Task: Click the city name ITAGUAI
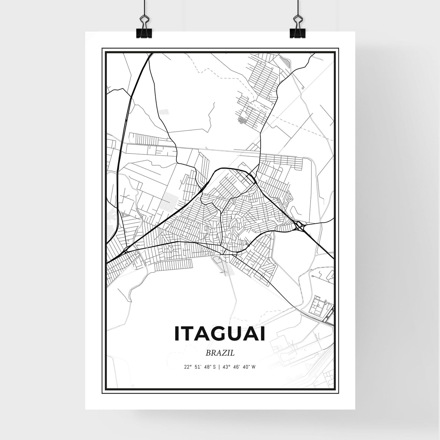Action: (x=220, y=333)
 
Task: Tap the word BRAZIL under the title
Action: (x=220, y=353)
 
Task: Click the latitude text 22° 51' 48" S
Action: (x=200, y=367)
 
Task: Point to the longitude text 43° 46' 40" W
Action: (x=239, y=367)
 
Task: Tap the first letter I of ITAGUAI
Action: (x=177, y=333)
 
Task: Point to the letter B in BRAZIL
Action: (x=208, y=353)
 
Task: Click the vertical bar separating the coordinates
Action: (x=219, y=367)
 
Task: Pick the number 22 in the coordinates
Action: (x=186, y=367)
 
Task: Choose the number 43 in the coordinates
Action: (x=225, y=367)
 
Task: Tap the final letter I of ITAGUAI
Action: (x=262, y=333)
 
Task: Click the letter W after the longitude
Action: (x=253, y=367)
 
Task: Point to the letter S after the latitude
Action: (x=214, y=367)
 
